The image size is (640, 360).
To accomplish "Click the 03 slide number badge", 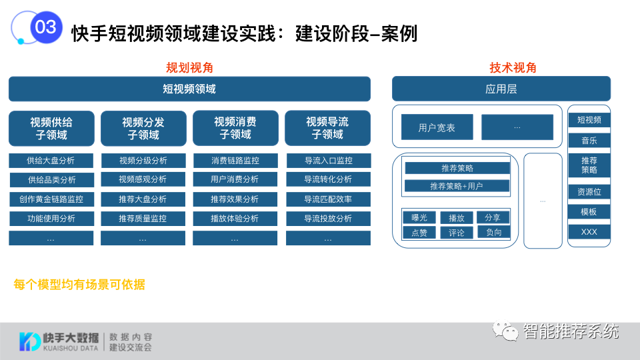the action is tap(45, 27).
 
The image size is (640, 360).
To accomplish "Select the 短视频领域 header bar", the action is tap(189, 89).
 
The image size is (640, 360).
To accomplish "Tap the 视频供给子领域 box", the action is tap(51, 128).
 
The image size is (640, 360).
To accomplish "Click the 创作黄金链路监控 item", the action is tap(51, 199).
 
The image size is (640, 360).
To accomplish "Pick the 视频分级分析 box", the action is tap(143, 161).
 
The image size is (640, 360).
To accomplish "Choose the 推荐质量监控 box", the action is tap(143, 219).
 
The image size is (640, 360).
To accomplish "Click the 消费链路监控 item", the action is tap(235, 161).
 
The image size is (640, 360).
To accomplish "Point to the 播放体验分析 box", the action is tap(235, 219).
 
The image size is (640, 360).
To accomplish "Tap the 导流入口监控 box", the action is tap(328, 161).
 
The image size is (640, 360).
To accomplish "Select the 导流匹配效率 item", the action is tap(328, 199).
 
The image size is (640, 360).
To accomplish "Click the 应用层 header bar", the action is tap(501, 89).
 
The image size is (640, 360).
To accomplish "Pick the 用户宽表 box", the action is tap(437, 127).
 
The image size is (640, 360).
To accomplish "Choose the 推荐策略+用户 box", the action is tap(457, 186).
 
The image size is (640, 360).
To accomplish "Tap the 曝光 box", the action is tap(419, 217).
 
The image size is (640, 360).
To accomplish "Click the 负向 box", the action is tap(493, 232).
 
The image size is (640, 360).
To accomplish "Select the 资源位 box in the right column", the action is tap(589, 192).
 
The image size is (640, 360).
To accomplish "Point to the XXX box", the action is tap(589, 232).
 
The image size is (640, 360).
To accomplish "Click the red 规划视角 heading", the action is tap(189, 68).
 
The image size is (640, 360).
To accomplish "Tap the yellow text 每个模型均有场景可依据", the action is tap(79, 285).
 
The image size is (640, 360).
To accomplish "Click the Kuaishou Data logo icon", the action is tap(29, 341).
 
